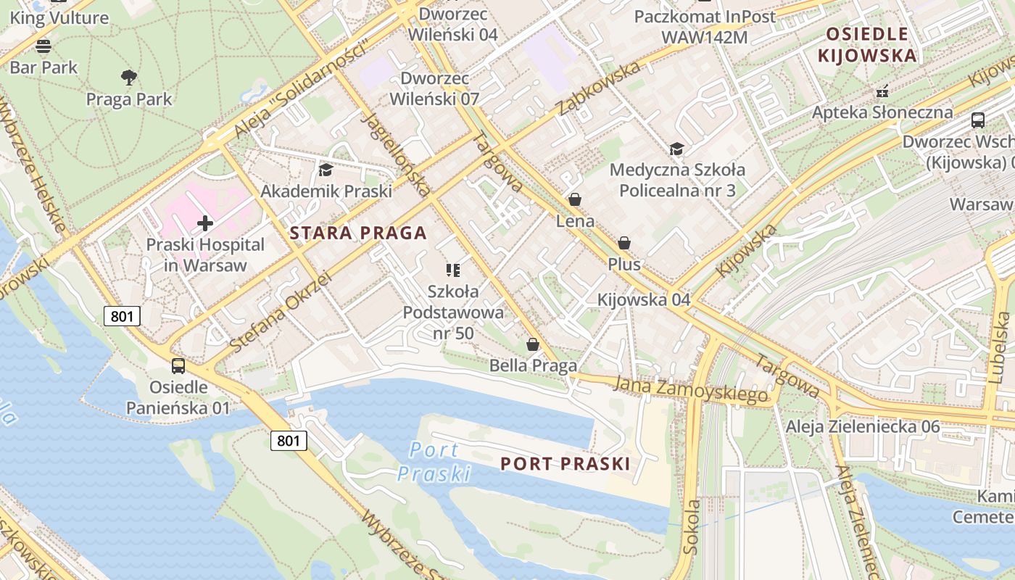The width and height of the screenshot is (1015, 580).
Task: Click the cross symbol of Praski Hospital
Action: coord(205,223)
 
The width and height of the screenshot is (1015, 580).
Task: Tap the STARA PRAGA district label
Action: coord(358,233)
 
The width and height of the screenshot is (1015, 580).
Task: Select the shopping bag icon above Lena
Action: coord(575,199)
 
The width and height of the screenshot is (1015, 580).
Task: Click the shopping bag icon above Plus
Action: coord(624,243)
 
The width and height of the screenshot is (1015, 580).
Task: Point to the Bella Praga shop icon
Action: coord(533,344)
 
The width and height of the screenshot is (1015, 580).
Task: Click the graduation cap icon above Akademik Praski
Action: coord(326,170)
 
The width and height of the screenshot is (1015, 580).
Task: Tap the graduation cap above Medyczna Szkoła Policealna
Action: coord(676,149)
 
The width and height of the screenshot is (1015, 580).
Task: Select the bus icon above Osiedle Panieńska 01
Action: coord(178,366)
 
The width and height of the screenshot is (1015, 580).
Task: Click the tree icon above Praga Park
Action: coord(129,77)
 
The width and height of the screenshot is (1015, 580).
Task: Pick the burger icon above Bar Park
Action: coord(43,46)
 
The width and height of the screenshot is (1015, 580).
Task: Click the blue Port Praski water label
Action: coord(434,462)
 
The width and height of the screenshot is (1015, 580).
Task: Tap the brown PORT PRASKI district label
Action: coord(565,464)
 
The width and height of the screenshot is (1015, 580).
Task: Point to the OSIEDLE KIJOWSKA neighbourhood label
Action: coord(866,44)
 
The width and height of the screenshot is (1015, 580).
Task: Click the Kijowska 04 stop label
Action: coord(644,299)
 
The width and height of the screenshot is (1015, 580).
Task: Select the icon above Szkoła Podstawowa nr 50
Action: coord(453,270)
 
